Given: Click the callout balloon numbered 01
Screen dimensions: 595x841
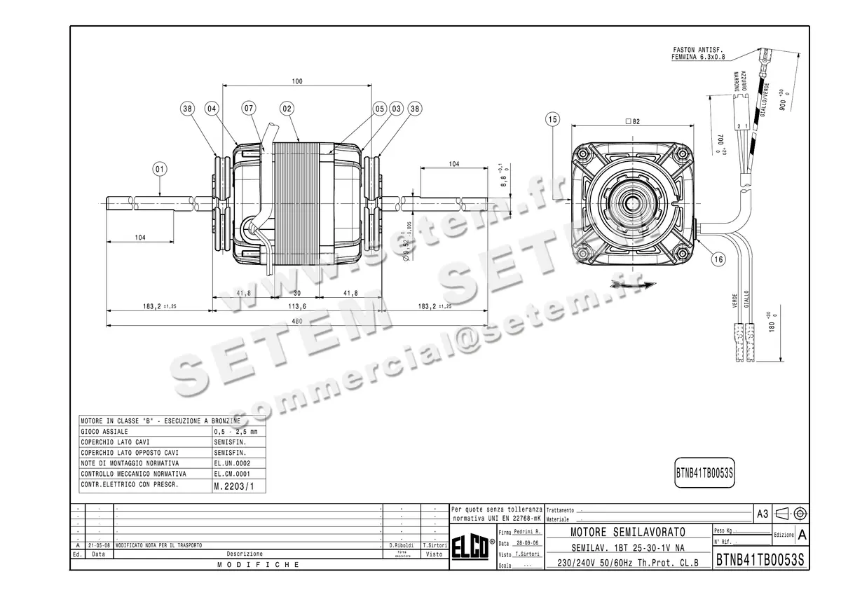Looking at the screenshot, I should pos(160,169).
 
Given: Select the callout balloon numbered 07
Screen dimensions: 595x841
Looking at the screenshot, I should pos(249,109).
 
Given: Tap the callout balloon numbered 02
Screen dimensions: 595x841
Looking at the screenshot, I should pos(287,109).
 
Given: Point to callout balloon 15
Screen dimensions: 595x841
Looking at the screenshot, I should pos(553,120).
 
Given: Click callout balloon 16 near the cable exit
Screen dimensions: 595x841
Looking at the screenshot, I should pos(718,259).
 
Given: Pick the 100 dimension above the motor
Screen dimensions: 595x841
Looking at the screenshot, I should pos(297,82).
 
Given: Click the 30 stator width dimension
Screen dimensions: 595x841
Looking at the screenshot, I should pos(296,293).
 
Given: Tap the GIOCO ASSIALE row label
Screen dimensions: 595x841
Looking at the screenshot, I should pos(104,432).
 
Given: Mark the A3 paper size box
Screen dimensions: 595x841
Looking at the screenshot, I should pos(763,514).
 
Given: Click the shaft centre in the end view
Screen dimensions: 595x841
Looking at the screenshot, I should pos(634,204).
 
